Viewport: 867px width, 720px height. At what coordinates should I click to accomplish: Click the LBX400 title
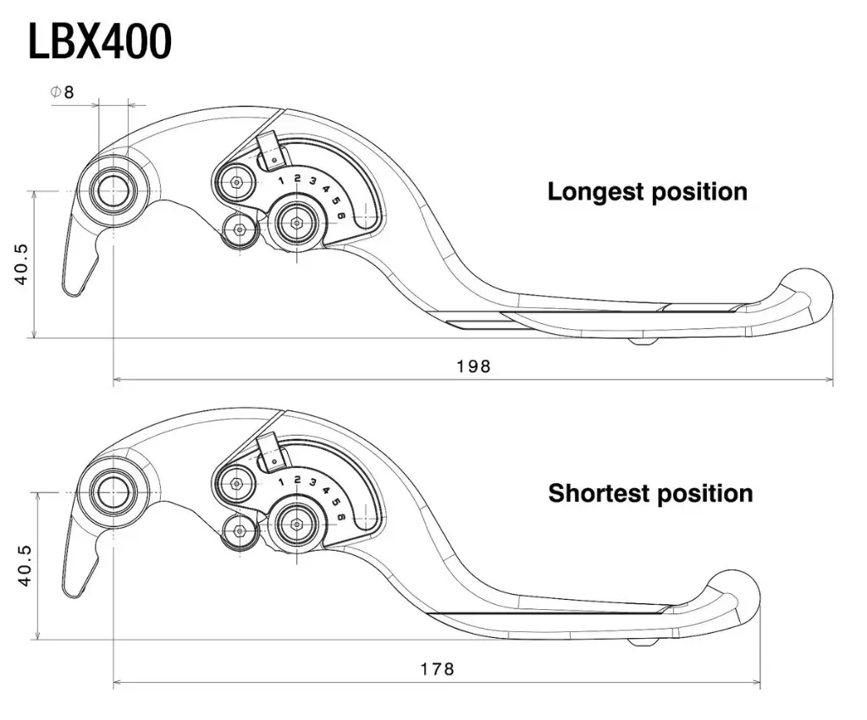(100, 41)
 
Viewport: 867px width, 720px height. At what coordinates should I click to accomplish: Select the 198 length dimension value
(473, 366)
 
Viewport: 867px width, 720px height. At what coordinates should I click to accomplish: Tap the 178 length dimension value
(437, 668)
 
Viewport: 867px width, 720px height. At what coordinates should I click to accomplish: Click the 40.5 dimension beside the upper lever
(21, 264)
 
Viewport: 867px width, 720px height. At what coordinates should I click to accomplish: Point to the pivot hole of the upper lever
(113, 191)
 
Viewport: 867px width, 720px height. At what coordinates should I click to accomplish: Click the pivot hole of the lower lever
(113, 492)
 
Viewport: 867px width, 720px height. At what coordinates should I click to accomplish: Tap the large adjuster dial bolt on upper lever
(297, 223)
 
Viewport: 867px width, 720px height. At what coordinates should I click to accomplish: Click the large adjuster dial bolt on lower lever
(297, 524)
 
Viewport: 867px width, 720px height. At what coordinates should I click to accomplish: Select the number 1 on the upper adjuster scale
(281, 180)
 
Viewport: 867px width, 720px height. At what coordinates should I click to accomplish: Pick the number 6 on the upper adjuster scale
(340, 217)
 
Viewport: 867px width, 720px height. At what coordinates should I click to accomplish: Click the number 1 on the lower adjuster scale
(281, 481)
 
